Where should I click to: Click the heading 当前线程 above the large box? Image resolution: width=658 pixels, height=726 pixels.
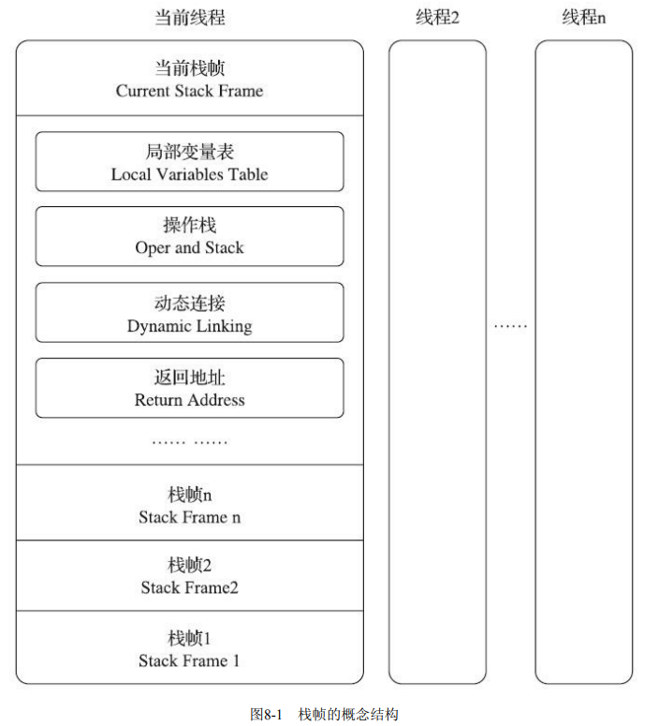[x=190, y=18]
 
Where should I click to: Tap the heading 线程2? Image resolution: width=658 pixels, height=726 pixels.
[x=437, y=18]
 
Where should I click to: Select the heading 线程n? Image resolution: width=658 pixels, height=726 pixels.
[x=584, y=18]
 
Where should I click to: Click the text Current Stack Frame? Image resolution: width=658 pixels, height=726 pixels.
[x=190, y=91]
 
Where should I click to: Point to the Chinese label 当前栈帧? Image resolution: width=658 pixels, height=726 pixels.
[x=190, y=68]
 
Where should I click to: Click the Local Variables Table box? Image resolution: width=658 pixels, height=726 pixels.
[x=190, y=161]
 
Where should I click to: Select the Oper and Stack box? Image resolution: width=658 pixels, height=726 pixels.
[x=190, y=237]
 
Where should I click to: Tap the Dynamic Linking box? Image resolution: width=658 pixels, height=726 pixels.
[x=190, y=313]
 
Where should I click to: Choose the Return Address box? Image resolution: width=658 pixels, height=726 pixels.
[x=190, y=388]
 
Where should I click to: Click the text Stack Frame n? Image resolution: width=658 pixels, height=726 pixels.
[x=190, y=517]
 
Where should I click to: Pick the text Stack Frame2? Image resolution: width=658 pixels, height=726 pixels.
[x=190, y=587]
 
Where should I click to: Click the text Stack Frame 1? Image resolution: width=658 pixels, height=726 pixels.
[x=189, y=660]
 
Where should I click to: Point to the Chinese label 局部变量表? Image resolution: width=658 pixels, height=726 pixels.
[x=190, y=152]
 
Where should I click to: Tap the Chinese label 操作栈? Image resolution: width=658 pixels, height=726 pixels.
[x=190, y=226]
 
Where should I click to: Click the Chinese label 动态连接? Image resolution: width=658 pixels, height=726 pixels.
[x=190, y=304]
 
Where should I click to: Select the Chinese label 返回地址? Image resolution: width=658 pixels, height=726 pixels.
[x=190, y=378]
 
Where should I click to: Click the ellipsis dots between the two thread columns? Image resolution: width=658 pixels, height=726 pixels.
[x=510, y=327]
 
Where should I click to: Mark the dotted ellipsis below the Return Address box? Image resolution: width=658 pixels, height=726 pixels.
[x=190, y=443]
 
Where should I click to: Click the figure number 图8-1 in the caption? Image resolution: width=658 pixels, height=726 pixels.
[x=266, y=714]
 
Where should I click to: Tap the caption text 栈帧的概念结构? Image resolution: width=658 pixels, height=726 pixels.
[x=348, y=714]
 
